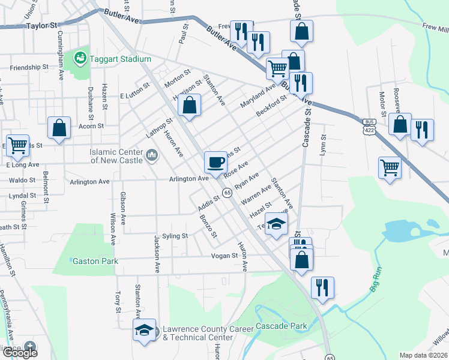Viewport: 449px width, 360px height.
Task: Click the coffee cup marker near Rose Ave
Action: [x=215, y=161]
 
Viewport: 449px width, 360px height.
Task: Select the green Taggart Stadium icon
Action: [x=79, y=58]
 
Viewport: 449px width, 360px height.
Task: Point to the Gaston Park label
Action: [x=95, y=261]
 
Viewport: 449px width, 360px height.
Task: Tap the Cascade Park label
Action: [x=282, y=326]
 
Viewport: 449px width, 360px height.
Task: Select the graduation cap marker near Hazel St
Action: [x=276, y=224]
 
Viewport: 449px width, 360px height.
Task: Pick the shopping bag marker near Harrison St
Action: [x=189, y=105]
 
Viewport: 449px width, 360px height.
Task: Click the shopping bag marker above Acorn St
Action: [x=59, y=128]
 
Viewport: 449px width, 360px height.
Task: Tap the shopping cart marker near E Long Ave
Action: [x=17, y=144]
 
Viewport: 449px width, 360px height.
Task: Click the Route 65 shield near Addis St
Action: [x=228, y=192]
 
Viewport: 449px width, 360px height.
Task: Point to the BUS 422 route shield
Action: [x=369, y=126]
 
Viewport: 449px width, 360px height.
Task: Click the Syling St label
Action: [x=175, y=236]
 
